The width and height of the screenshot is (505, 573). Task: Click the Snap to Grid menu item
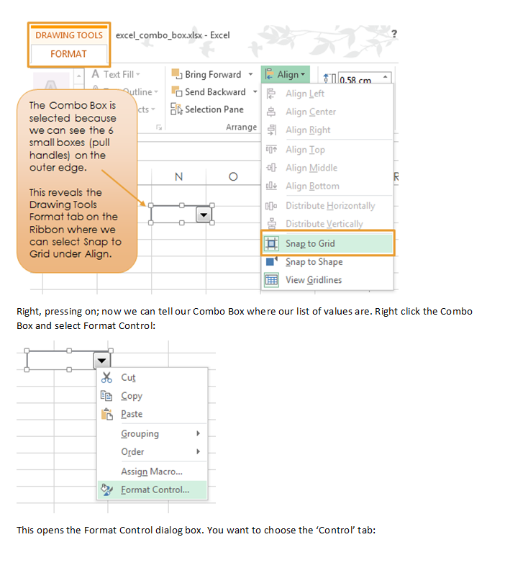point(310,243)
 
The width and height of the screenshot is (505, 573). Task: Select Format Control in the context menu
point(155,490)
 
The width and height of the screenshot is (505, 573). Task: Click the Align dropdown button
point(286,75)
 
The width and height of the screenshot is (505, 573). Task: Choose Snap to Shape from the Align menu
point(314,262)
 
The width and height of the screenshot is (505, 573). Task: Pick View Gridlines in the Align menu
point(314,280)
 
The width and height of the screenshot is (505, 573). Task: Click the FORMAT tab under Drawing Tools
point(68,54)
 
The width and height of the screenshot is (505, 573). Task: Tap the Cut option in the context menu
point(128,378)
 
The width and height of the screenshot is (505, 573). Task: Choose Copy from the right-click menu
point(132,396)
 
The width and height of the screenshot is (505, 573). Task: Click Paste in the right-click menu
point(132,414)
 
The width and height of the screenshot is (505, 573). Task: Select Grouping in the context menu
point(140,434)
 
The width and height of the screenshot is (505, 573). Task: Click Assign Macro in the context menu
point(151,472)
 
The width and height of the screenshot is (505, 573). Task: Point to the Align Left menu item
point(305,94)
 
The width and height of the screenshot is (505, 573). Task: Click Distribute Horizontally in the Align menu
point(330,206)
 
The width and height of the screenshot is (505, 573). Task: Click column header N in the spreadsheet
point(178,177)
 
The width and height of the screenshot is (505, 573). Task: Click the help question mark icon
point(394,34)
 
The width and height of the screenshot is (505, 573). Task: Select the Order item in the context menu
point(132,452)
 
